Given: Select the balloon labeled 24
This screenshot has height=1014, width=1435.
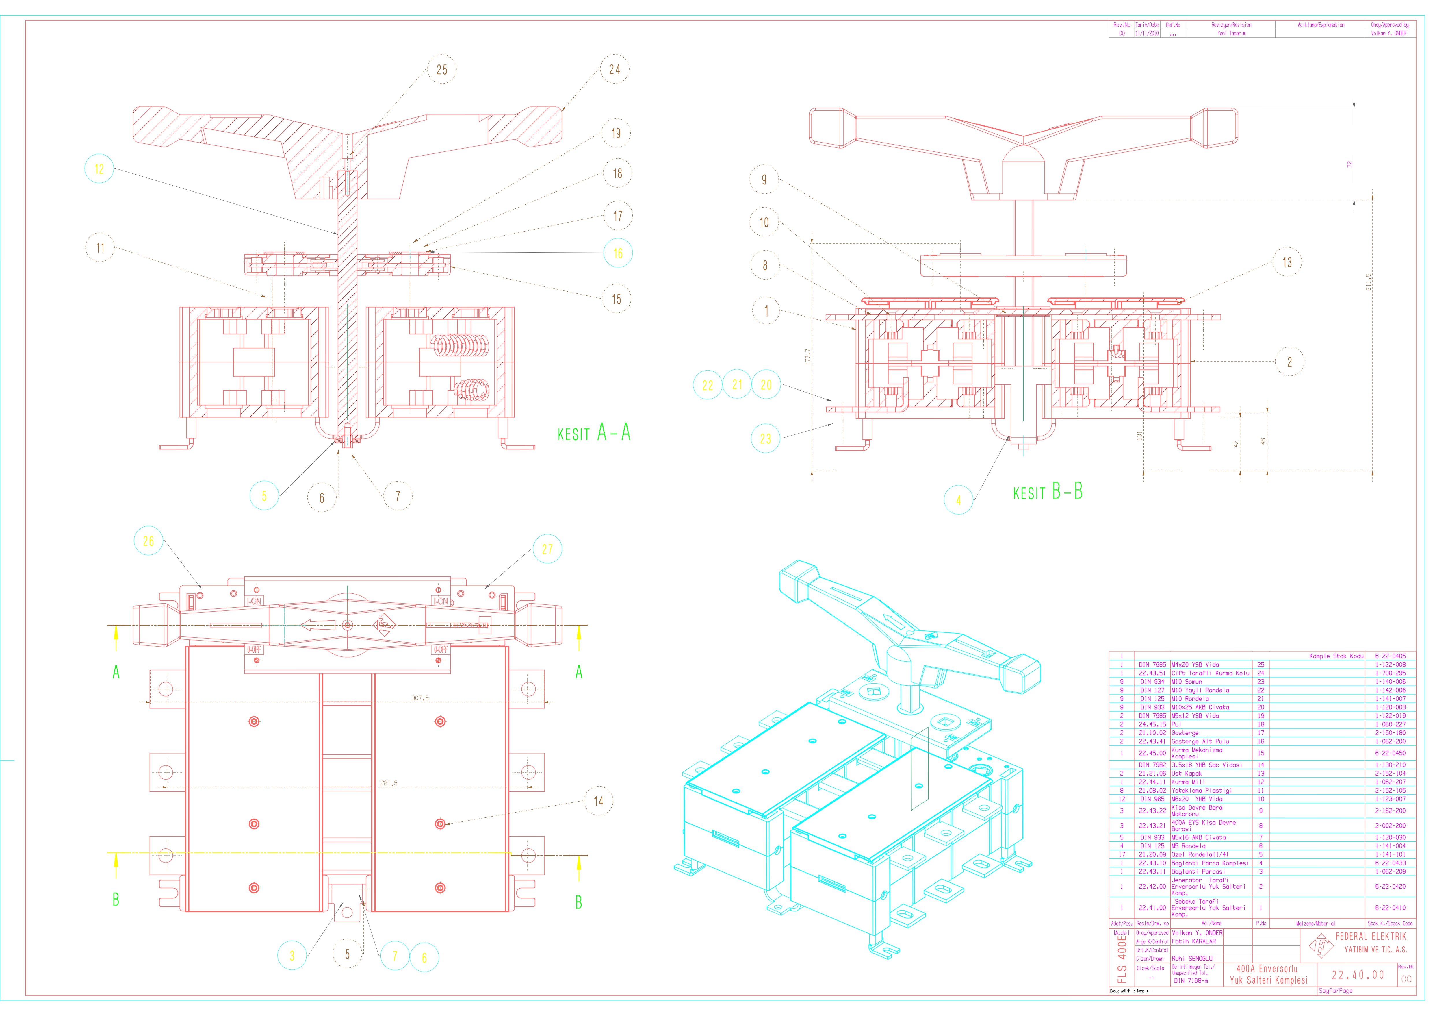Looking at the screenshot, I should click(x=615, y=69).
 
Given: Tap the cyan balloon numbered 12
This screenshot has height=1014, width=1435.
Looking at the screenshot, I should click(x=99, y=169).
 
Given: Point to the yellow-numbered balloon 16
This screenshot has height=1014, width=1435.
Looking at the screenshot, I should click(x=618, y=253).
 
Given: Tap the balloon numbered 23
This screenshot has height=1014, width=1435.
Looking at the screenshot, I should click(x=766, y=439).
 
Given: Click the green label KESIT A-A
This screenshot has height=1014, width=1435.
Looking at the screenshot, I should click(x=594, y=433).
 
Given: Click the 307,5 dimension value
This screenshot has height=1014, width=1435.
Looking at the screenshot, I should click(x=420, y=698).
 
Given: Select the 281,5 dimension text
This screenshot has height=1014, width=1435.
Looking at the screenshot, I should click(x=389, y=783).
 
